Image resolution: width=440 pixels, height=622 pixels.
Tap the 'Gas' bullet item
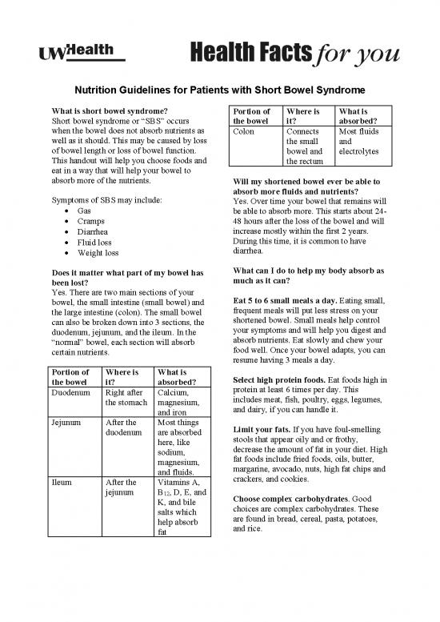coord(83,209)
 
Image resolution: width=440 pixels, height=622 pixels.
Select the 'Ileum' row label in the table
coord(62,483)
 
